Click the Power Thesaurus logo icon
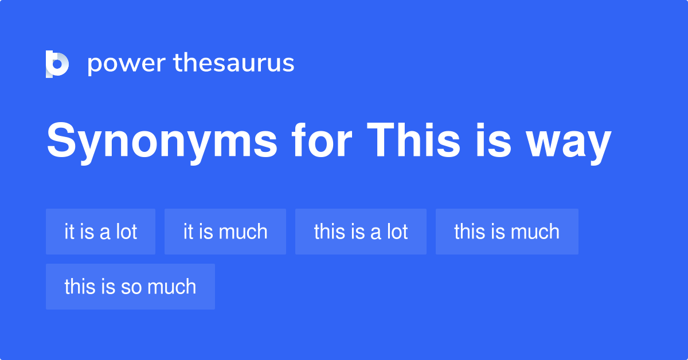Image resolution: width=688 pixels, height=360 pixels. point(57,64)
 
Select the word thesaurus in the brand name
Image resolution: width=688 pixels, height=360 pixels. point(234,63)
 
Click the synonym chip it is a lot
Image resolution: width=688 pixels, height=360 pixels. point(100,232)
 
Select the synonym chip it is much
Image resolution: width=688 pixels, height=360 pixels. point(225,232)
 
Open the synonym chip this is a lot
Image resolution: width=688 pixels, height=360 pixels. point(361,232)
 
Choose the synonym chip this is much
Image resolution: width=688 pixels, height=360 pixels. point(507,232)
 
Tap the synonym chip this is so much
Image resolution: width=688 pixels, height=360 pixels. point(130,287)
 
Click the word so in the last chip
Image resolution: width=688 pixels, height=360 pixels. point(131,287)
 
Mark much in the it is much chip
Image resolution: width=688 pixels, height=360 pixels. point(243,232)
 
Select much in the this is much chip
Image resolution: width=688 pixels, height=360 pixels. point(534,232)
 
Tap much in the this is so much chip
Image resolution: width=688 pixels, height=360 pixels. point(171,287)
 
